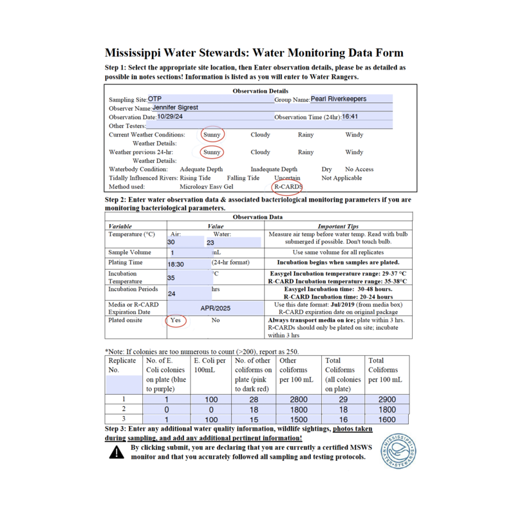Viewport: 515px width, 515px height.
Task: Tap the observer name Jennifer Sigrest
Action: [171, 108]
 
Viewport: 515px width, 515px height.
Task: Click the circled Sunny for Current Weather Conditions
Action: [212, 135]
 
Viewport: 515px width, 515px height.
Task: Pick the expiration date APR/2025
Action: [215, 308]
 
